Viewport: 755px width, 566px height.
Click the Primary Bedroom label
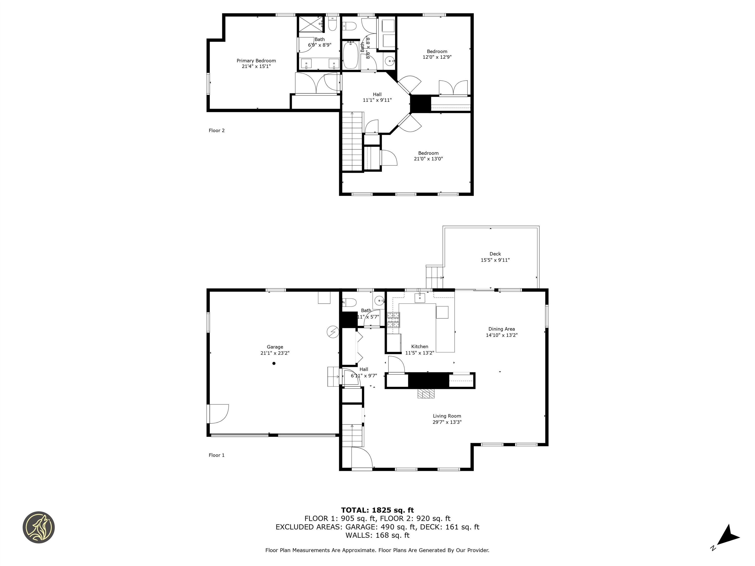point(256,61)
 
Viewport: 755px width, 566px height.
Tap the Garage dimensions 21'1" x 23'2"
point(275,353)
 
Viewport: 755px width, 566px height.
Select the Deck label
point(495,254)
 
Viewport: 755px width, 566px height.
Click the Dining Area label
point(501,329)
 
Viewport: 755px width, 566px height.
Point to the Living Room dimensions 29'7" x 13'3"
point(447,422)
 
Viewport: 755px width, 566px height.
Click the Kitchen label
point(420,346)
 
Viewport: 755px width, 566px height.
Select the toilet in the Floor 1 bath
point(349,302)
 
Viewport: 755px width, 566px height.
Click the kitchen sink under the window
point(420,297)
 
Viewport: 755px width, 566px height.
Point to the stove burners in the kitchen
point(393,320)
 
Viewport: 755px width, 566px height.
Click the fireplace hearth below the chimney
point(426,394)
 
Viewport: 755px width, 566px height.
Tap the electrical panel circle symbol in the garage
point(333,331)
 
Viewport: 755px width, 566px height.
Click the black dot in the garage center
point(274,363)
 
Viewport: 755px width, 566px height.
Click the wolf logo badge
point(39,527)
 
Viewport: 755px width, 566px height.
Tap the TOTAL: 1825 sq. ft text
point(377,510)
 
